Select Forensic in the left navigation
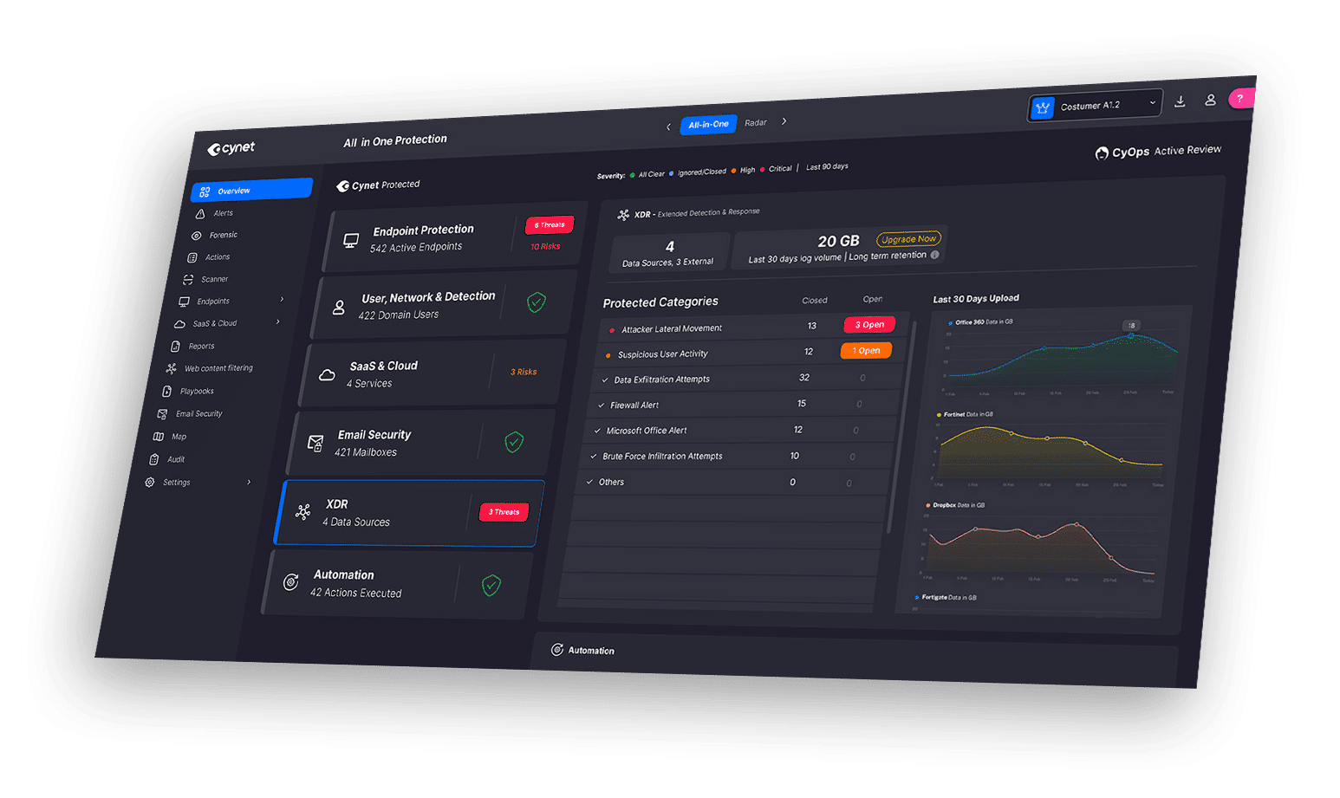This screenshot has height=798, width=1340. click(x=223, y=235)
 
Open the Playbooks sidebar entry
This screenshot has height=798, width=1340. click(x=197, y=391)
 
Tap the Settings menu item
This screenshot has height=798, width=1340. click(x=177, y=483)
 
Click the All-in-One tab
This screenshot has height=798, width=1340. click(x=708, y=125)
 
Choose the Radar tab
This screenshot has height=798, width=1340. click(x=756, y=123)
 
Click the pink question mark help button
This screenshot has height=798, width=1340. click(x=1240, y=99)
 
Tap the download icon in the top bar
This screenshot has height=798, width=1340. click(x=1180, y=101)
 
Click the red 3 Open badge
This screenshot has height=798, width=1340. click(x=869, y=325)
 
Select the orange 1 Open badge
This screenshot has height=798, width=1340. click(x=866, y=351)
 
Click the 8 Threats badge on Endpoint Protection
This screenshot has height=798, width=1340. click(x=550, y=225)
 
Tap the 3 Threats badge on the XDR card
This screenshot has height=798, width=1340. click(x=504, y=512)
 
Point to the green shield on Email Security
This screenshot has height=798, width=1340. click(x=514, y=443)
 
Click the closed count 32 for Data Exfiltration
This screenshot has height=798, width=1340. click(x=804, y=378)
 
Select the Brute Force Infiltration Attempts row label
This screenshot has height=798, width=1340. click(x=662, y=457)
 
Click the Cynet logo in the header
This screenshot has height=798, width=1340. click(x=231, y=148)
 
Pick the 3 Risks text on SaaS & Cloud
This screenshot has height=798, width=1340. click(x=524, y=372)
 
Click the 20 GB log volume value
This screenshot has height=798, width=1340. click(x=838, y=241)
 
